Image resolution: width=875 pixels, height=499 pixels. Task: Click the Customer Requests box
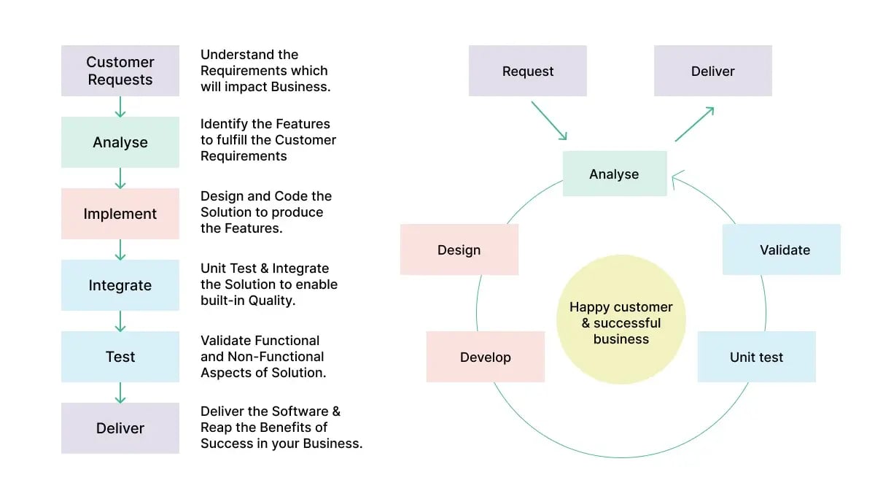click(x=120, y=71)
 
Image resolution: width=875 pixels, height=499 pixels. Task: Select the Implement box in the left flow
click(x=120, y=214)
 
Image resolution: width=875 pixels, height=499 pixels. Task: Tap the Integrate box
click(x=120, y=285)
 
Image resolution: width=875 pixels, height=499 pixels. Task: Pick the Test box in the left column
click(x=120, y=357)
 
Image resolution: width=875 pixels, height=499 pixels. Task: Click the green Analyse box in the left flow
click(x=120, y=142)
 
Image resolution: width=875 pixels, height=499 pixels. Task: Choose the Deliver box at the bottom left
click(x=120, y=428)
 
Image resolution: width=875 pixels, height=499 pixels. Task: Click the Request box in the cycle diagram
click(x=528, y=71)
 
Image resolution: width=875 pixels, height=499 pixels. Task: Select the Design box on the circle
click(x=459, y=249)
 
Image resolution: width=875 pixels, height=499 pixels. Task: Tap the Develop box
click(x=486, y=357)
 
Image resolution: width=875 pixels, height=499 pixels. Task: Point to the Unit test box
click(x=756, y=357)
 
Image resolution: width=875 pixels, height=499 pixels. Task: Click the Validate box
click(x=782, y=249)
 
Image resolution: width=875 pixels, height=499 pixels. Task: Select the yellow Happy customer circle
click(x=621, y=320)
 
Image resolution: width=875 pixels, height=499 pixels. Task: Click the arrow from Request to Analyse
click(x=549, y=120)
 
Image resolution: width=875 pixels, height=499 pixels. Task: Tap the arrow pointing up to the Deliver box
click(x=694, y=124)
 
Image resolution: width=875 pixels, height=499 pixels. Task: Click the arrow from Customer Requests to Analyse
click(x=120, y=107)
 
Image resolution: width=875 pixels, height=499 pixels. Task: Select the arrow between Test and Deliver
click(x=120, y=392)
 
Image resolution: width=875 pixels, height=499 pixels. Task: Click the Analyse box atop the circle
click(x=615, y=174)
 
